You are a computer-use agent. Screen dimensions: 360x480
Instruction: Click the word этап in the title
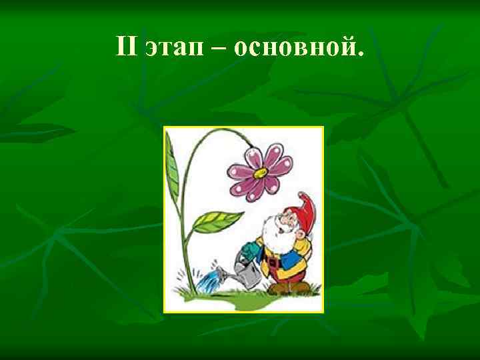172,46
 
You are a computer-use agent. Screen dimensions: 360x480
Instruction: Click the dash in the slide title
217,47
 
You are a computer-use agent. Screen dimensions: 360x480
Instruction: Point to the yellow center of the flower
259,171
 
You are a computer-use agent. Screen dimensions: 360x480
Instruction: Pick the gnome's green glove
248,251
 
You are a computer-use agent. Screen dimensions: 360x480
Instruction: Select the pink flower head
259,170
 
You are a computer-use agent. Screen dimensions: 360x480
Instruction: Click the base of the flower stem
195,288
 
